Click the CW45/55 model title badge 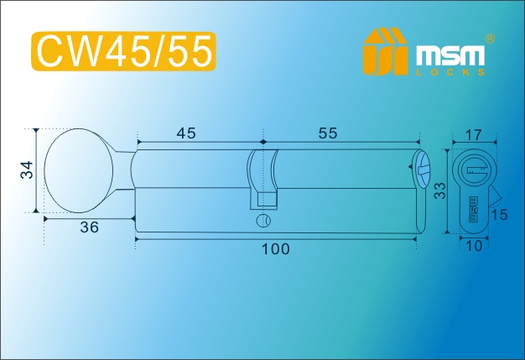123,51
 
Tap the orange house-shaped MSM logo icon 385,51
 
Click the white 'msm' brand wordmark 450,55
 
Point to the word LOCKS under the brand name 450,72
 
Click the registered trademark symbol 490,39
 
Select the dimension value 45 186,133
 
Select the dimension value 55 328,133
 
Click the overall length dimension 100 275,249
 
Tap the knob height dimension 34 28,170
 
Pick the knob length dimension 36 90,227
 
